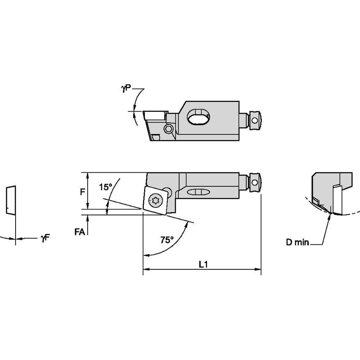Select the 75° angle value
click(167, 240)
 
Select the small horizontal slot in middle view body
click(198, 192)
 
